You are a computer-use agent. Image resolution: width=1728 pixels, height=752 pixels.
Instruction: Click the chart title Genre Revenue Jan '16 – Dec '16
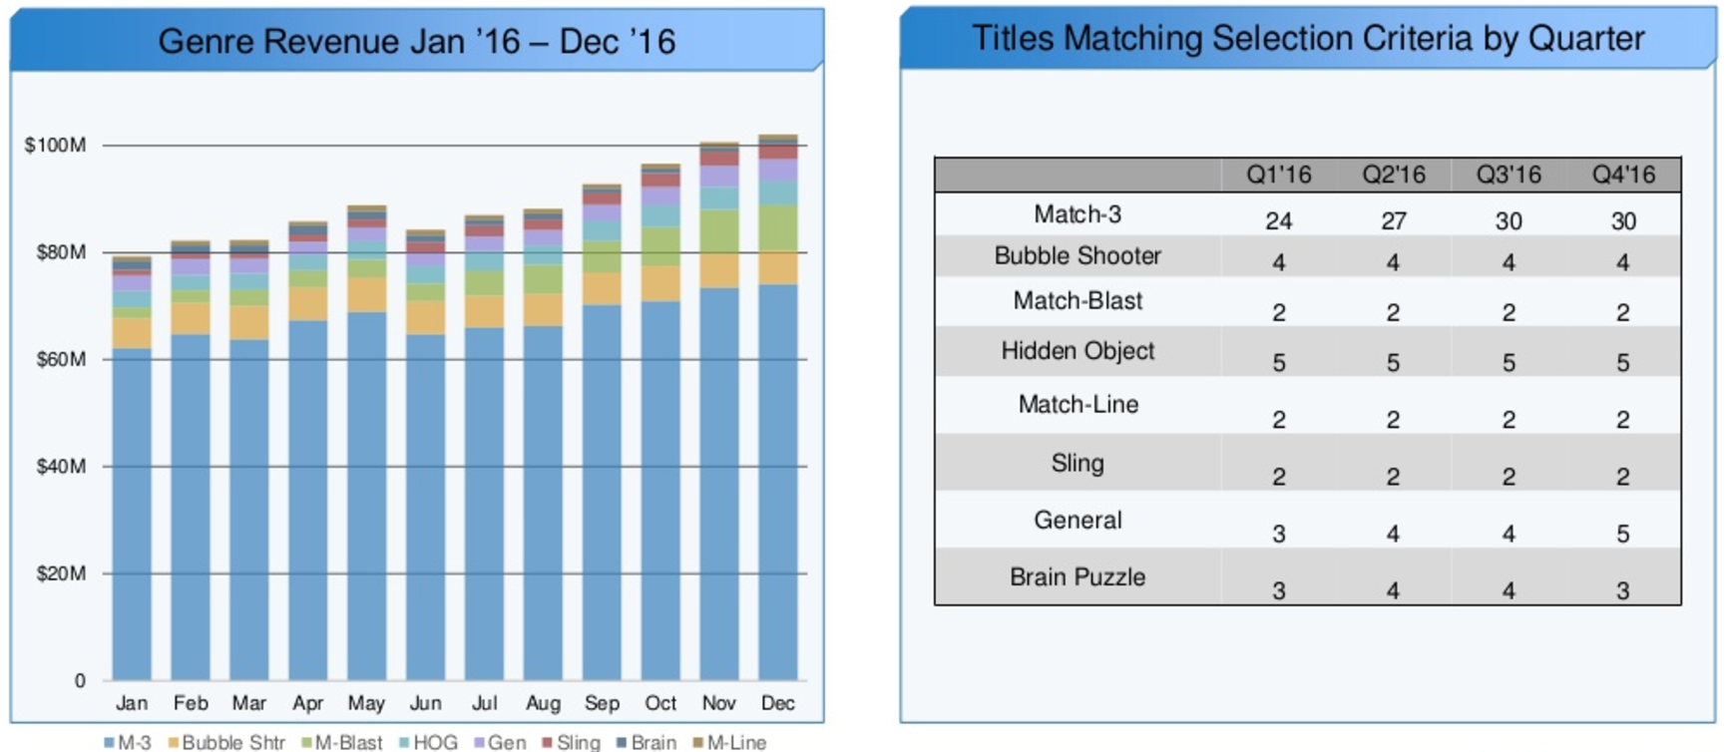[x=416, y=41]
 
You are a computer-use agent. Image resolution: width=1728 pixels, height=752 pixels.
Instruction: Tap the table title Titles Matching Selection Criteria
[x=1307, y=38]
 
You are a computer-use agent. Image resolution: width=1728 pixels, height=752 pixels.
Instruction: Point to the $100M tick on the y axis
[x=55, y=146]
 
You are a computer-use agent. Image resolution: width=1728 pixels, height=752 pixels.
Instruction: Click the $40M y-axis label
[x=60, y=467]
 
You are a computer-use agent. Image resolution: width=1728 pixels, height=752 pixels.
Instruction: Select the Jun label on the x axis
[x=425, y=703]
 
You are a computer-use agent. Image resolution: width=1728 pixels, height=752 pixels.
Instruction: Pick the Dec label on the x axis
[x=777, y=703]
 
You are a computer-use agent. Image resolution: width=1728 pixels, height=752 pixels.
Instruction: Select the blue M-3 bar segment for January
[x=132, y=514]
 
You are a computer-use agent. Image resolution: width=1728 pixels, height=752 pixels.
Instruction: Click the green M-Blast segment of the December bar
[x=777, y=228]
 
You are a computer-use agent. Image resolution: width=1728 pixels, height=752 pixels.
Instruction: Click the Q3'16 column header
[x=1509, y=176]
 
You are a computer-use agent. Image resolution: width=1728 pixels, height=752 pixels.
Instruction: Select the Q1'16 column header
[x=1278, y=176]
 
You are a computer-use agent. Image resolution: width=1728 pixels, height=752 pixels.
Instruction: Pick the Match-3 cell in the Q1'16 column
[x=1278, y=220]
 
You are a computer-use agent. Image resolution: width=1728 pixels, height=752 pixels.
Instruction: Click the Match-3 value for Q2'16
[x=1393, y=220]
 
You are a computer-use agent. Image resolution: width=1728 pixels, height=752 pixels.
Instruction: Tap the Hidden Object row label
[x=1078, y=351]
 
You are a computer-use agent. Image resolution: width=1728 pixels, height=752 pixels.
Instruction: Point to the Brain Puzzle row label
[x=1078, y=577]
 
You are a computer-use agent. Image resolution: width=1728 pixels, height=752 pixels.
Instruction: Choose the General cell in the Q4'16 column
[x=1622, y=534]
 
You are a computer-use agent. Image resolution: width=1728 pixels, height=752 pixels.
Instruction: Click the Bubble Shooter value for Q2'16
[x=1393, y=262]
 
